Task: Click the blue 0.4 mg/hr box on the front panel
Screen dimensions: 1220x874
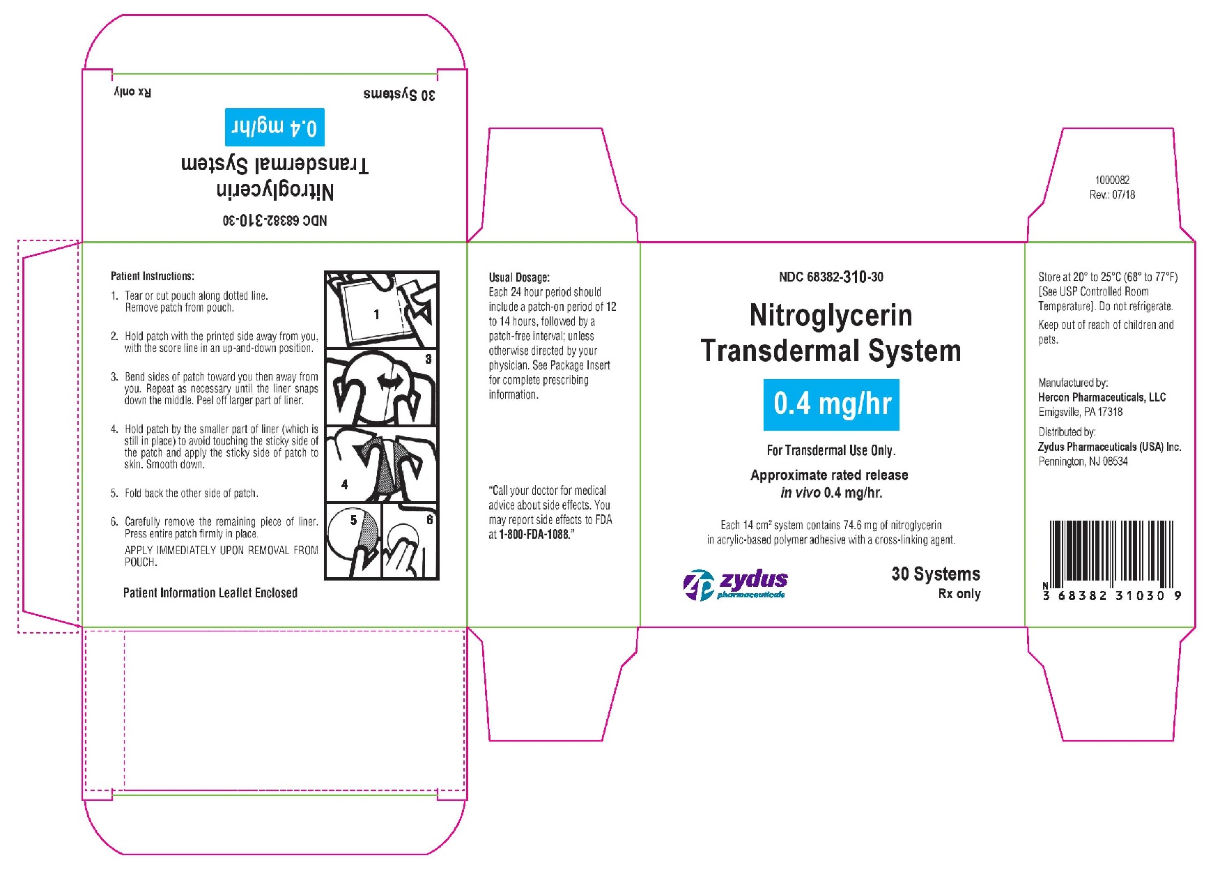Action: tap(831, 404)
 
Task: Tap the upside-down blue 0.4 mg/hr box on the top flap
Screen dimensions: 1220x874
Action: tap(275, 127)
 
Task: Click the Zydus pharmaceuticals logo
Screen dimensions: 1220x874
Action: tap(736, 584)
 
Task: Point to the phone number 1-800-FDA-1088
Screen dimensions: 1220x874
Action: tap(534, 535)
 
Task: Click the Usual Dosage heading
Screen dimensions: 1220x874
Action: tap(519, 277)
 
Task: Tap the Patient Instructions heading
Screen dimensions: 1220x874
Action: tap(153, 276)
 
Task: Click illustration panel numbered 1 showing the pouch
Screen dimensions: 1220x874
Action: tap(381, 310)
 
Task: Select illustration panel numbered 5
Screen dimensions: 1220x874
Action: tap(353, 541)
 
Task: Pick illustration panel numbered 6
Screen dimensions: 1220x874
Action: tap(410, 541)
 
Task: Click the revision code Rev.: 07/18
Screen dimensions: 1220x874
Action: tap(1112, 195)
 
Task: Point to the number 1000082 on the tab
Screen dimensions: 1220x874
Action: tap(1112, 180)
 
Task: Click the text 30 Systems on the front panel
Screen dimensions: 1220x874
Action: tap(936, 574)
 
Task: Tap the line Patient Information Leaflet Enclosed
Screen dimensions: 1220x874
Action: tap(210, 593)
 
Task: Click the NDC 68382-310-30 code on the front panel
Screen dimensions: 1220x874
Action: tap(831, 277)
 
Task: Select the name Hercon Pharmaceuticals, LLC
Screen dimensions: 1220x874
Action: tap(1102, 397)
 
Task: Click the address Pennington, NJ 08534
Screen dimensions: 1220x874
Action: tap(1083, 461)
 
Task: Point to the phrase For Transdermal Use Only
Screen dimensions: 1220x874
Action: tap(831, 450)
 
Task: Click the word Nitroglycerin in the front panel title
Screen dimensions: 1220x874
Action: tap(831, 316)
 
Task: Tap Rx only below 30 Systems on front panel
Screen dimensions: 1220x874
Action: tap(959, 594)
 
